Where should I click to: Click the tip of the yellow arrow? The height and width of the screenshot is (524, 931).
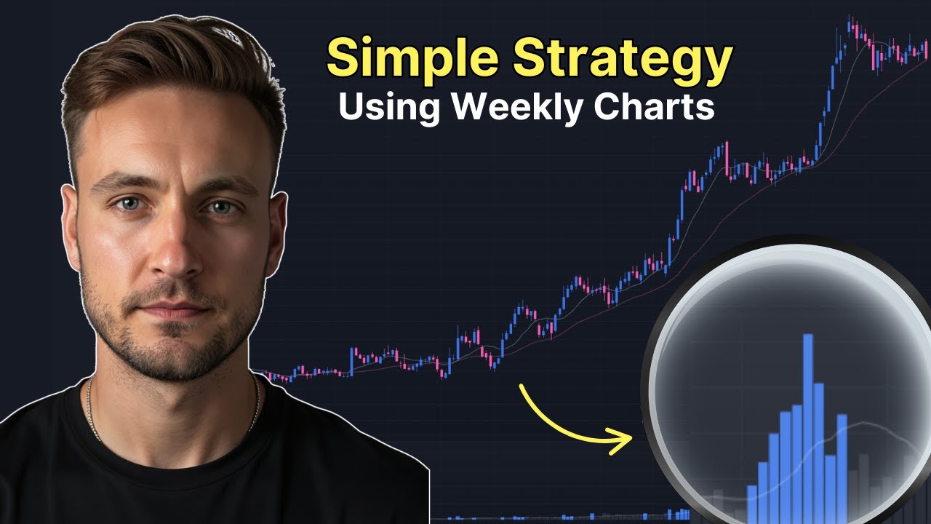(x=631, y=439)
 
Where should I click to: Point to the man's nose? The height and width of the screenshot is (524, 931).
(x=171, y=251)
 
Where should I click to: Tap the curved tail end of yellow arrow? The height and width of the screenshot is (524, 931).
(x=522, y=386)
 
